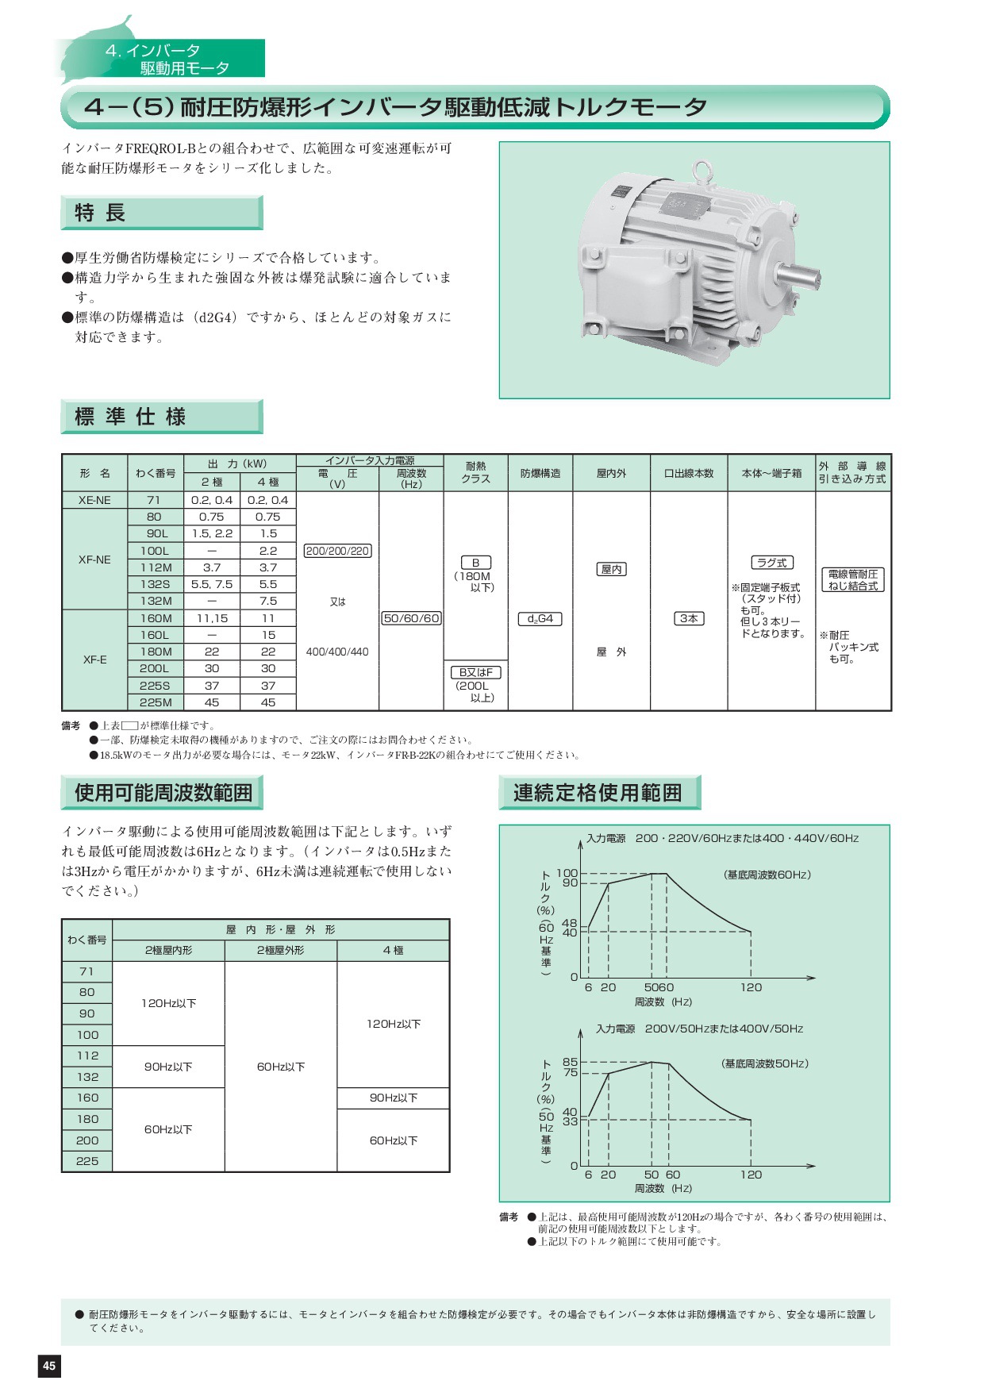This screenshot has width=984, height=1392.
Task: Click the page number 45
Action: tap(49, 1365)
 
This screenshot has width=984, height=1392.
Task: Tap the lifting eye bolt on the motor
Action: tap(699, 171)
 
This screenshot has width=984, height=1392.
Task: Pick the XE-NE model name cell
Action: tap(94, 500)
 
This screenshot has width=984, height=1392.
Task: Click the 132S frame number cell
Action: tap(156, 584)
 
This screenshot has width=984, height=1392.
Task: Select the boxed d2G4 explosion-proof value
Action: tap(540, 618)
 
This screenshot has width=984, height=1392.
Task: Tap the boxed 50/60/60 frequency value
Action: tap(411, 618)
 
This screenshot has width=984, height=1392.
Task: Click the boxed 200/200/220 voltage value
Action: tap(337, 551)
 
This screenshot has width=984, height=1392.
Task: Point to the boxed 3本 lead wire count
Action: tap(689, 618)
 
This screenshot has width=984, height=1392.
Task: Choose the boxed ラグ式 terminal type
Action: tap(771, 563)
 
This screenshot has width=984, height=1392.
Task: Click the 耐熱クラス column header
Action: tap(475, 473)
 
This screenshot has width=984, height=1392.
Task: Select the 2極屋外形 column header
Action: tap(280, 950)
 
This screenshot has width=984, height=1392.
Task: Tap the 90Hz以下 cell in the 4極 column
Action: tap(393, 1098)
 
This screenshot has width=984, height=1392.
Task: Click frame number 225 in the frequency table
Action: tap(87, 1161)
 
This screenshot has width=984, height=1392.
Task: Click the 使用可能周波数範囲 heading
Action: tap(163, 792)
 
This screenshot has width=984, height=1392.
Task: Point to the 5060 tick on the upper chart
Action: tap(659, 987)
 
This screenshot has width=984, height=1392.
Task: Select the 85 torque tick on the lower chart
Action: tap(570, 1062)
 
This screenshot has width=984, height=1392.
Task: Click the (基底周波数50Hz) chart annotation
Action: tap(765, 1063)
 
